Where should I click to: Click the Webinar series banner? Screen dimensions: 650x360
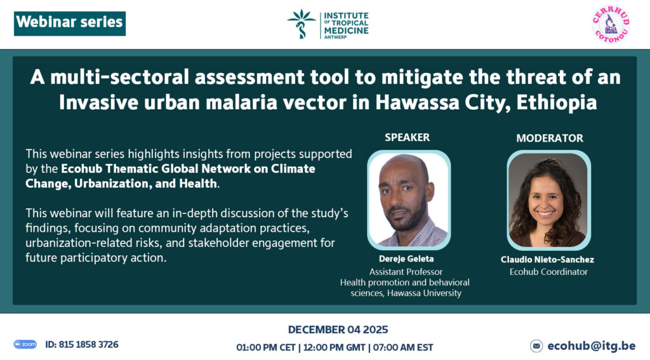(70, 23)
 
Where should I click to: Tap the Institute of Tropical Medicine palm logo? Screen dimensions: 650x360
(302, 24)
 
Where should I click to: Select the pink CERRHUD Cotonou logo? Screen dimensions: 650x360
(611, 24)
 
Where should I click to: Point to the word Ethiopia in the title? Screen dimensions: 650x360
(556, 103)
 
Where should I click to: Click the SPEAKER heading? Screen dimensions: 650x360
(407, 137)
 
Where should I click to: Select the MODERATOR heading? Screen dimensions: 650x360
(549, 138)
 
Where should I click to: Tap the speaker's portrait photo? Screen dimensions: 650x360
(409, 200)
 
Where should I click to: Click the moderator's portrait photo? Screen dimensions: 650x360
(548, 201)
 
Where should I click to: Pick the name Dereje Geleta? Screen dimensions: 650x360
(406, 259)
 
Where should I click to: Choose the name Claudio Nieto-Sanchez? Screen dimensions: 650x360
(547, 260)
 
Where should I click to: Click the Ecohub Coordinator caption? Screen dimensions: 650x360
(548, 272)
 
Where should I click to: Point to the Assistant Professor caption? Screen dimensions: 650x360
(406, 272)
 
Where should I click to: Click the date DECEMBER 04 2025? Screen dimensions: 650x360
(338, 330)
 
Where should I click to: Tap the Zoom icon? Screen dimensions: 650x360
(25, 344)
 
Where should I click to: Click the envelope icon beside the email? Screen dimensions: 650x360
(536, 345)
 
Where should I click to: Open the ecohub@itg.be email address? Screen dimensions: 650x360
(591, 345)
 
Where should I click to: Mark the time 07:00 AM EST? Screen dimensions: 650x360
(403, 347)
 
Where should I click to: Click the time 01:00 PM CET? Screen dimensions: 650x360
(266, 347)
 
